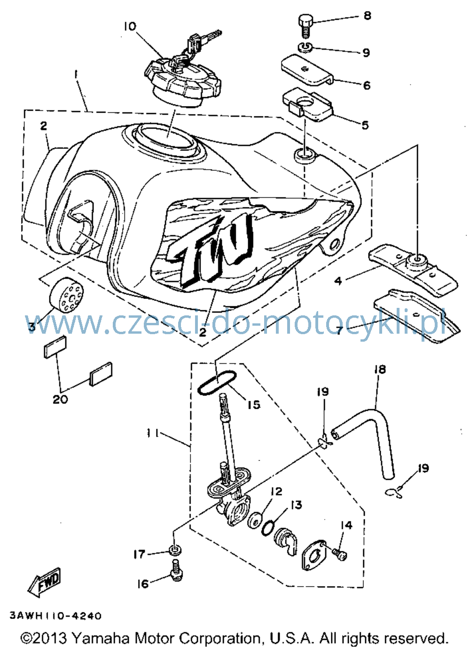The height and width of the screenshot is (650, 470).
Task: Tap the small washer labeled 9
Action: tap(305, 47)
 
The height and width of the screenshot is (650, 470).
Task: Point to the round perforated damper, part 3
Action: tap(66, 294)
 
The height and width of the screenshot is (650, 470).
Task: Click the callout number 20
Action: tap(60, 399)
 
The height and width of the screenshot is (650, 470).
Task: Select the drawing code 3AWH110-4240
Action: tap(55, 616)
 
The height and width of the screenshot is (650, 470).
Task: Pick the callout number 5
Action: tap(365, 125)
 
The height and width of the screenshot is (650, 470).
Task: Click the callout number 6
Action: tap(367, 85)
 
